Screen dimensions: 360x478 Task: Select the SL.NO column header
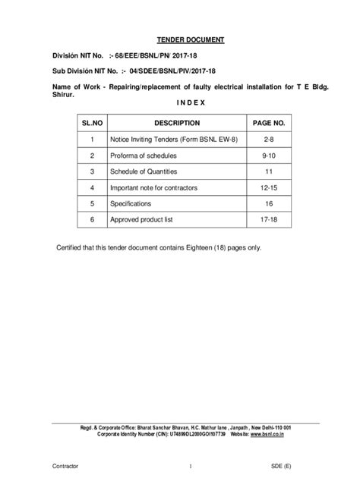pyautogui.click(x=91, y=123)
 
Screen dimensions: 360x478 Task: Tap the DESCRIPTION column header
pyautogui.click(x=176, y=123)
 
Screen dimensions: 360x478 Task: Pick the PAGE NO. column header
pyautogui.click(x=269, y=123)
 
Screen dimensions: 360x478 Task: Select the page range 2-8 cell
pyautogui.click(x=269, y=140)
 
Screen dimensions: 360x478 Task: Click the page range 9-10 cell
pyautogui.click(x=269, y=156)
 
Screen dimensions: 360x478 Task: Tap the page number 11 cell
pyautogui.click(x=269, y=171)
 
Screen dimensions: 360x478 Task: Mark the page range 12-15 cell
pyautogui.click(x=269, y=187)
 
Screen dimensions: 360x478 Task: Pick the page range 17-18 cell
pyautogui.click(x=269, y=219)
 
